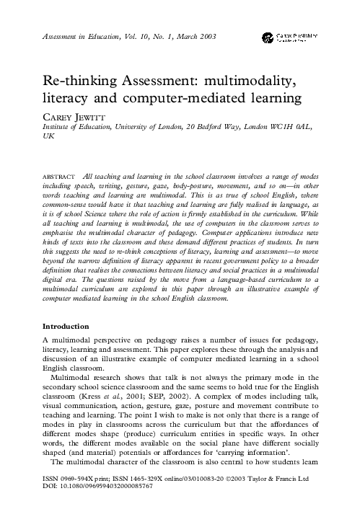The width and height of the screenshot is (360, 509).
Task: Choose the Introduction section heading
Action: click(74, 326)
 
